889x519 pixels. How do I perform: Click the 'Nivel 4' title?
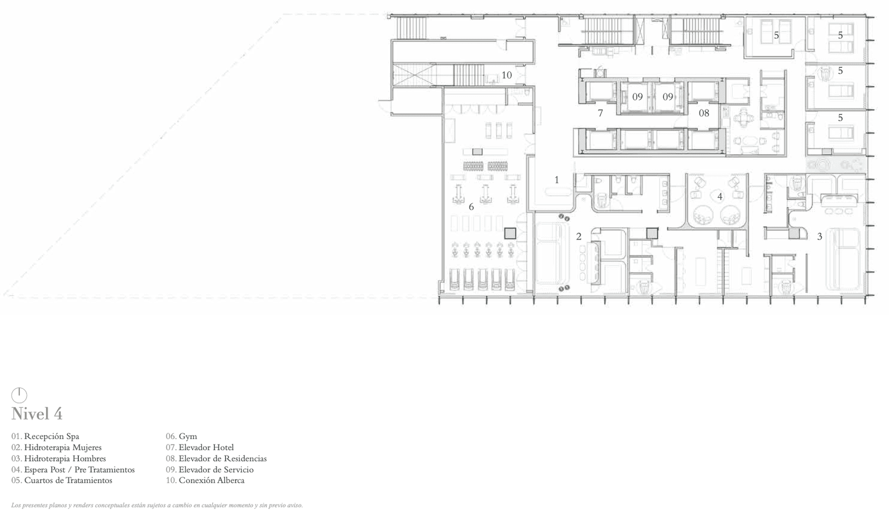click(x=37, y=414)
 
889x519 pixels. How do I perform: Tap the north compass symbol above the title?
click(x=19, y=395)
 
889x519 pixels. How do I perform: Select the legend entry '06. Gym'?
click(x=181, y=436)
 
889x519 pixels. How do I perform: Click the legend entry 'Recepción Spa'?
click(x=52, y=436)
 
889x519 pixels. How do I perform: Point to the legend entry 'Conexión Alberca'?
click(x=212, y=480)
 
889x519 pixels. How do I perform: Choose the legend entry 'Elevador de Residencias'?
click(x=223, y=458)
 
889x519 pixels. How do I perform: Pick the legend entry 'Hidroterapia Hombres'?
click(x=65, y=458)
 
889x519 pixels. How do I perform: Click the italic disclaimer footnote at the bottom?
click(x=157, y=505)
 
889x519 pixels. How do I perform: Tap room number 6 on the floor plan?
click(x=471, y=207)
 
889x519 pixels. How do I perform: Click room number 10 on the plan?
click(x=506, y=75)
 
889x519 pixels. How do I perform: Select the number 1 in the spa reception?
click(x=556, y=179)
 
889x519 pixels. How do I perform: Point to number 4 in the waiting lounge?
click(x=720, y=196)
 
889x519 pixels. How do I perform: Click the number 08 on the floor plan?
click(x=703, y=113)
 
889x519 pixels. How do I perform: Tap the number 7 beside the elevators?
click(x=601, y=113)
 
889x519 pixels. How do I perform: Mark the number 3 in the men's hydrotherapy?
click(x=820, y=237)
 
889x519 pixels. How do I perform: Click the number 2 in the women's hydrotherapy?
click(x=578, y=237)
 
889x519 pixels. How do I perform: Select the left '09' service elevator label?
click(x=637, y=97)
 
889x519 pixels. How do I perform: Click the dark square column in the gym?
click(x=510, y=233)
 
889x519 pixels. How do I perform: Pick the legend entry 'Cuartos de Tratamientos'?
click(x=68, y=480)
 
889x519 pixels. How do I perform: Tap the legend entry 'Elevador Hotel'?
click(x=206, y=447)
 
